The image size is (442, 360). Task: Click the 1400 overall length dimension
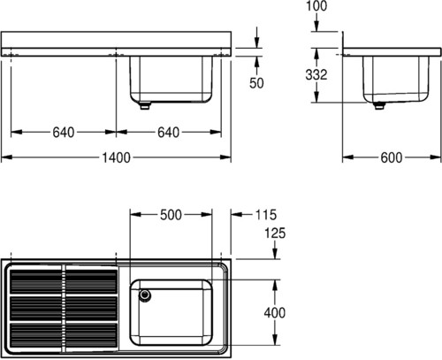[116, 157]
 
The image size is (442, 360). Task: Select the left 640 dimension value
[64, 133]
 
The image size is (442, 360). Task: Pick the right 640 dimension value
[168, 133]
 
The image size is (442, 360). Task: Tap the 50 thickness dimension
[256, 83]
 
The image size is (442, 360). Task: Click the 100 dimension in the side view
[316, 6]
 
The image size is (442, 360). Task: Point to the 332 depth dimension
[316, 74]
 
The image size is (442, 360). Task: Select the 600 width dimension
[392, 157]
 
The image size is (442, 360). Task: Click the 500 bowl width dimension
[171, 215]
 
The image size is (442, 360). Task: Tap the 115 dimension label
[266, 215]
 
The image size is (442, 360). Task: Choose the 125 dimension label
[275, 234]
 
